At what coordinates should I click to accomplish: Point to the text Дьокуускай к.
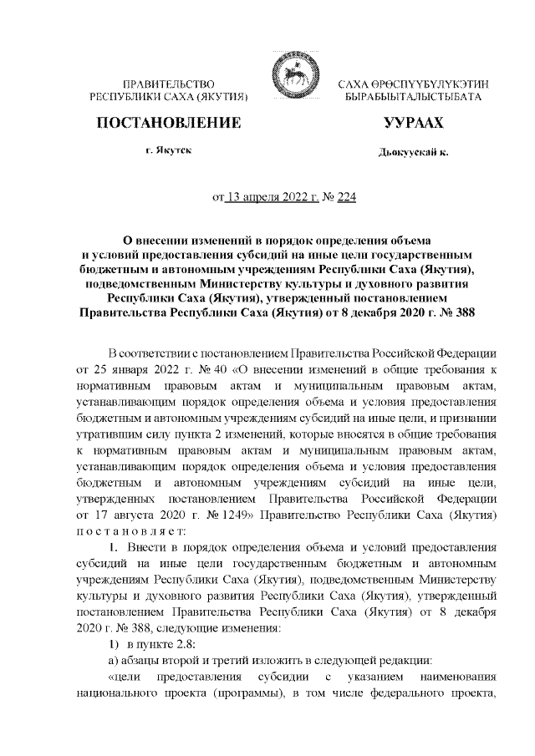[x=413, y=154]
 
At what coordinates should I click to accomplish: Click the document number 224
[x=312, y=199]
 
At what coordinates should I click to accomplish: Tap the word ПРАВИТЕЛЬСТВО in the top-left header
[x=170, y=86]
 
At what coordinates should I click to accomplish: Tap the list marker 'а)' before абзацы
[x=115, y=660]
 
